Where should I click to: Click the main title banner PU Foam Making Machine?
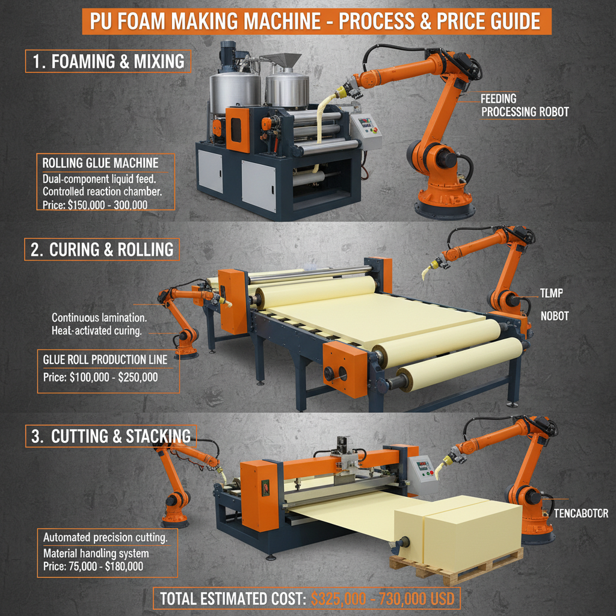316,22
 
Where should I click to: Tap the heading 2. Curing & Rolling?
102,250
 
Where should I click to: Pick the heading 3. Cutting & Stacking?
111,436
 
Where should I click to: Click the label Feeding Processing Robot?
524,105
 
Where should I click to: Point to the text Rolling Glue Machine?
100,162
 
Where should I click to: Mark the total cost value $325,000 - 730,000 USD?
382,599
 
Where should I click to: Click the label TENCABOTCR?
581,513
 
